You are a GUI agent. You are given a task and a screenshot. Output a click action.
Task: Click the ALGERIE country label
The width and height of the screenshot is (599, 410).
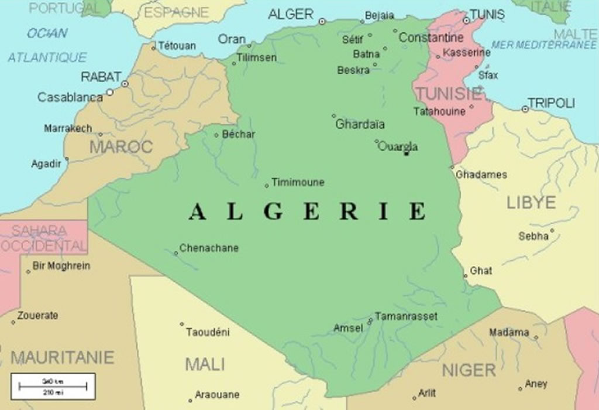click(x=308, y=211)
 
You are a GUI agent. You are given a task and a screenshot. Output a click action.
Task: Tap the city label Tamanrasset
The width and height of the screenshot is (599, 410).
click(x=406, y=316)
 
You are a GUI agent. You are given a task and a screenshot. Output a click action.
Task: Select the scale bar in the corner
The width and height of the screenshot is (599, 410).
click(x=53, y=386)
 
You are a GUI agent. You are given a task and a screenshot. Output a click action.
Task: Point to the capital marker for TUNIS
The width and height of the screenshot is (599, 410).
click(x=466, y=20)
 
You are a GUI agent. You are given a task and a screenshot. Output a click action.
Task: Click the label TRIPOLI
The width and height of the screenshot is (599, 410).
click(x=552, y=103)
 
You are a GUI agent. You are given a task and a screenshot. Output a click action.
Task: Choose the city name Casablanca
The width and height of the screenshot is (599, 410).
click(x=70, y=97)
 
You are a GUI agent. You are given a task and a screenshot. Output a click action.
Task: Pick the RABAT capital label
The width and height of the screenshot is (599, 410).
click(x=101, y=77)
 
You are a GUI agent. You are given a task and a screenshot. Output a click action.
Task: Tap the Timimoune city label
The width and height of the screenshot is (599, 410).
click(x=298, y=182)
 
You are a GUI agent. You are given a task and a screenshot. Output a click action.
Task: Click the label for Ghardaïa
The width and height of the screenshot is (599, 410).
click(x=360, y=124)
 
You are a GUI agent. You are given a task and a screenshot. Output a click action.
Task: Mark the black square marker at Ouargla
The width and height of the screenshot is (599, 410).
click(x=407, y=153)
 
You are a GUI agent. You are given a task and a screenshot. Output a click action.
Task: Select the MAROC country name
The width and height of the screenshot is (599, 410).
click(x=121, y=146)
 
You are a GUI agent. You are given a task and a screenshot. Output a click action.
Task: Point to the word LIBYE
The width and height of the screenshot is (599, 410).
click(x=531, y=203)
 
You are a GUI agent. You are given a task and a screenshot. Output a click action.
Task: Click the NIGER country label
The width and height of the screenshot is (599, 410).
click(x=469, y=370)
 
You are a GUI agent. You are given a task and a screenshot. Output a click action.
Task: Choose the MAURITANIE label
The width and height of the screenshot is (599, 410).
click(x=63, y=357)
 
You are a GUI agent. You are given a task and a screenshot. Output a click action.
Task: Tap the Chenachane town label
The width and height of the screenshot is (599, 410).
click(x=209, y=248)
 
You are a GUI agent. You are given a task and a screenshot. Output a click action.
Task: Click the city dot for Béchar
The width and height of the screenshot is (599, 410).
click(x=216, y=135)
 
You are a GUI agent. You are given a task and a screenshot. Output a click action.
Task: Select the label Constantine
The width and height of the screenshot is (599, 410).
click(x=431, y=37)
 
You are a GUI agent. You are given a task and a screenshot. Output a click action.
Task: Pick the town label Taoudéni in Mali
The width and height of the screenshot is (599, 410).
click(x=208, y=332)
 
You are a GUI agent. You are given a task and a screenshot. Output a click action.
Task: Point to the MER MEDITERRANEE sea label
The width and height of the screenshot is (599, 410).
click(x=544, y=45)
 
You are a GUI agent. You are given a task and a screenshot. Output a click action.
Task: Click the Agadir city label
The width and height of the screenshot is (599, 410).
click(x=46, y=164)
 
